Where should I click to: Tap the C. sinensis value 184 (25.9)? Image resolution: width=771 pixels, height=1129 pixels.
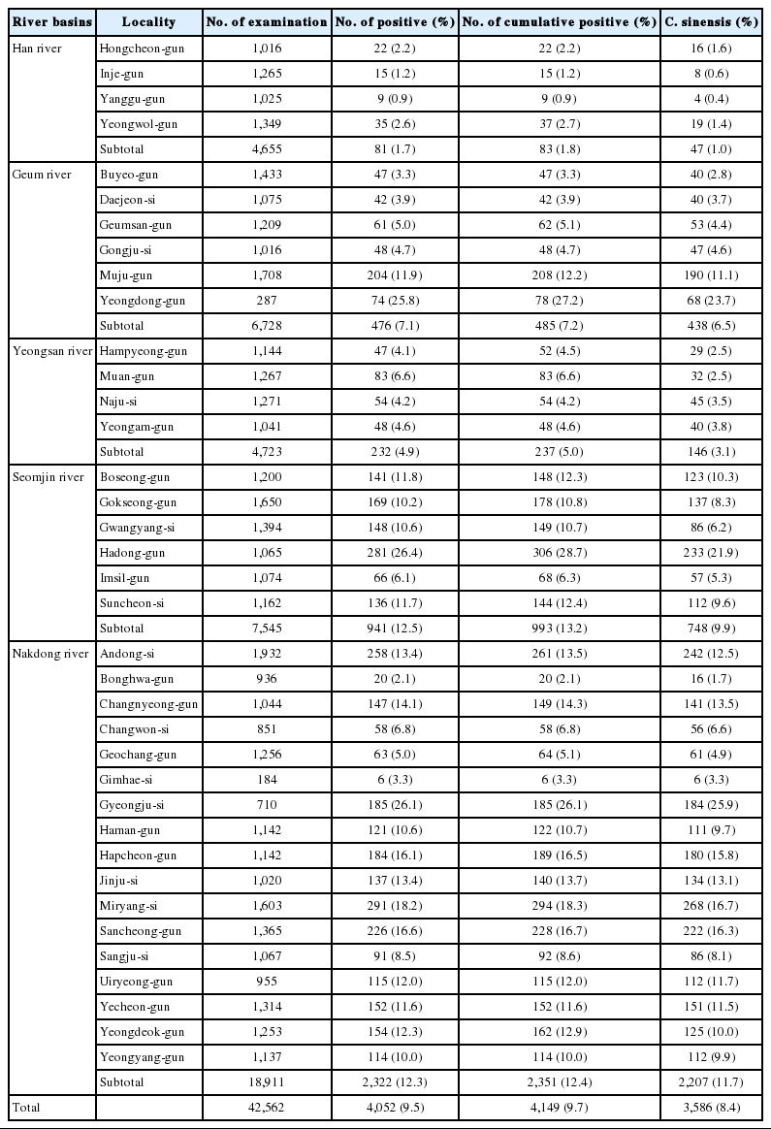711,805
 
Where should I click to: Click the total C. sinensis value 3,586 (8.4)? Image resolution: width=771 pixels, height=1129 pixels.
711,1107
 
